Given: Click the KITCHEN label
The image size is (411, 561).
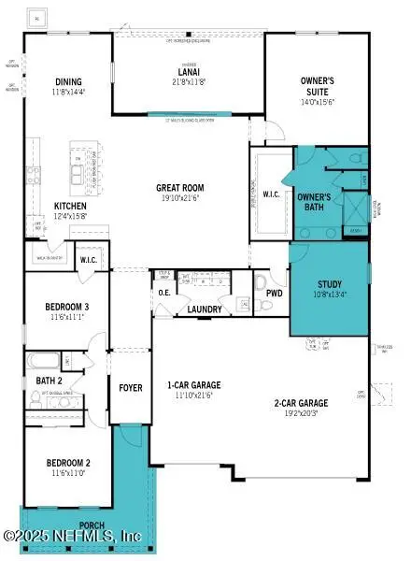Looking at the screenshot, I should (71, 206).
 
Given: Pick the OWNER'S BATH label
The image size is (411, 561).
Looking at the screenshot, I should (311, 202).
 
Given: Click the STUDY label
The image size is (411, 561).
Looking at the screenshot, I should (330, 284).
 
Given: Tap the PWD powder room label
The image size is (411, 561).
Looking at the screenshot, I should (274, 293).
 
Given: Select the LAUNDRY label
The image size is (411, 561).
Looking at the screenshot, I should (204, 309).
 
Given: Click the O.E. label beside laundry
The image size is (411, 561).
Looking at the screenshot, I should (164, 293).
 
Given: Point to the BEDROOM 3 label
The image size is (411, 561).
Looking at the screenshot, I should (67, 307).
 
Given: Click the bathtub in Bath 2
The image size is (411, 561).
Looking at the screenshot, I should (43, 360).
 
